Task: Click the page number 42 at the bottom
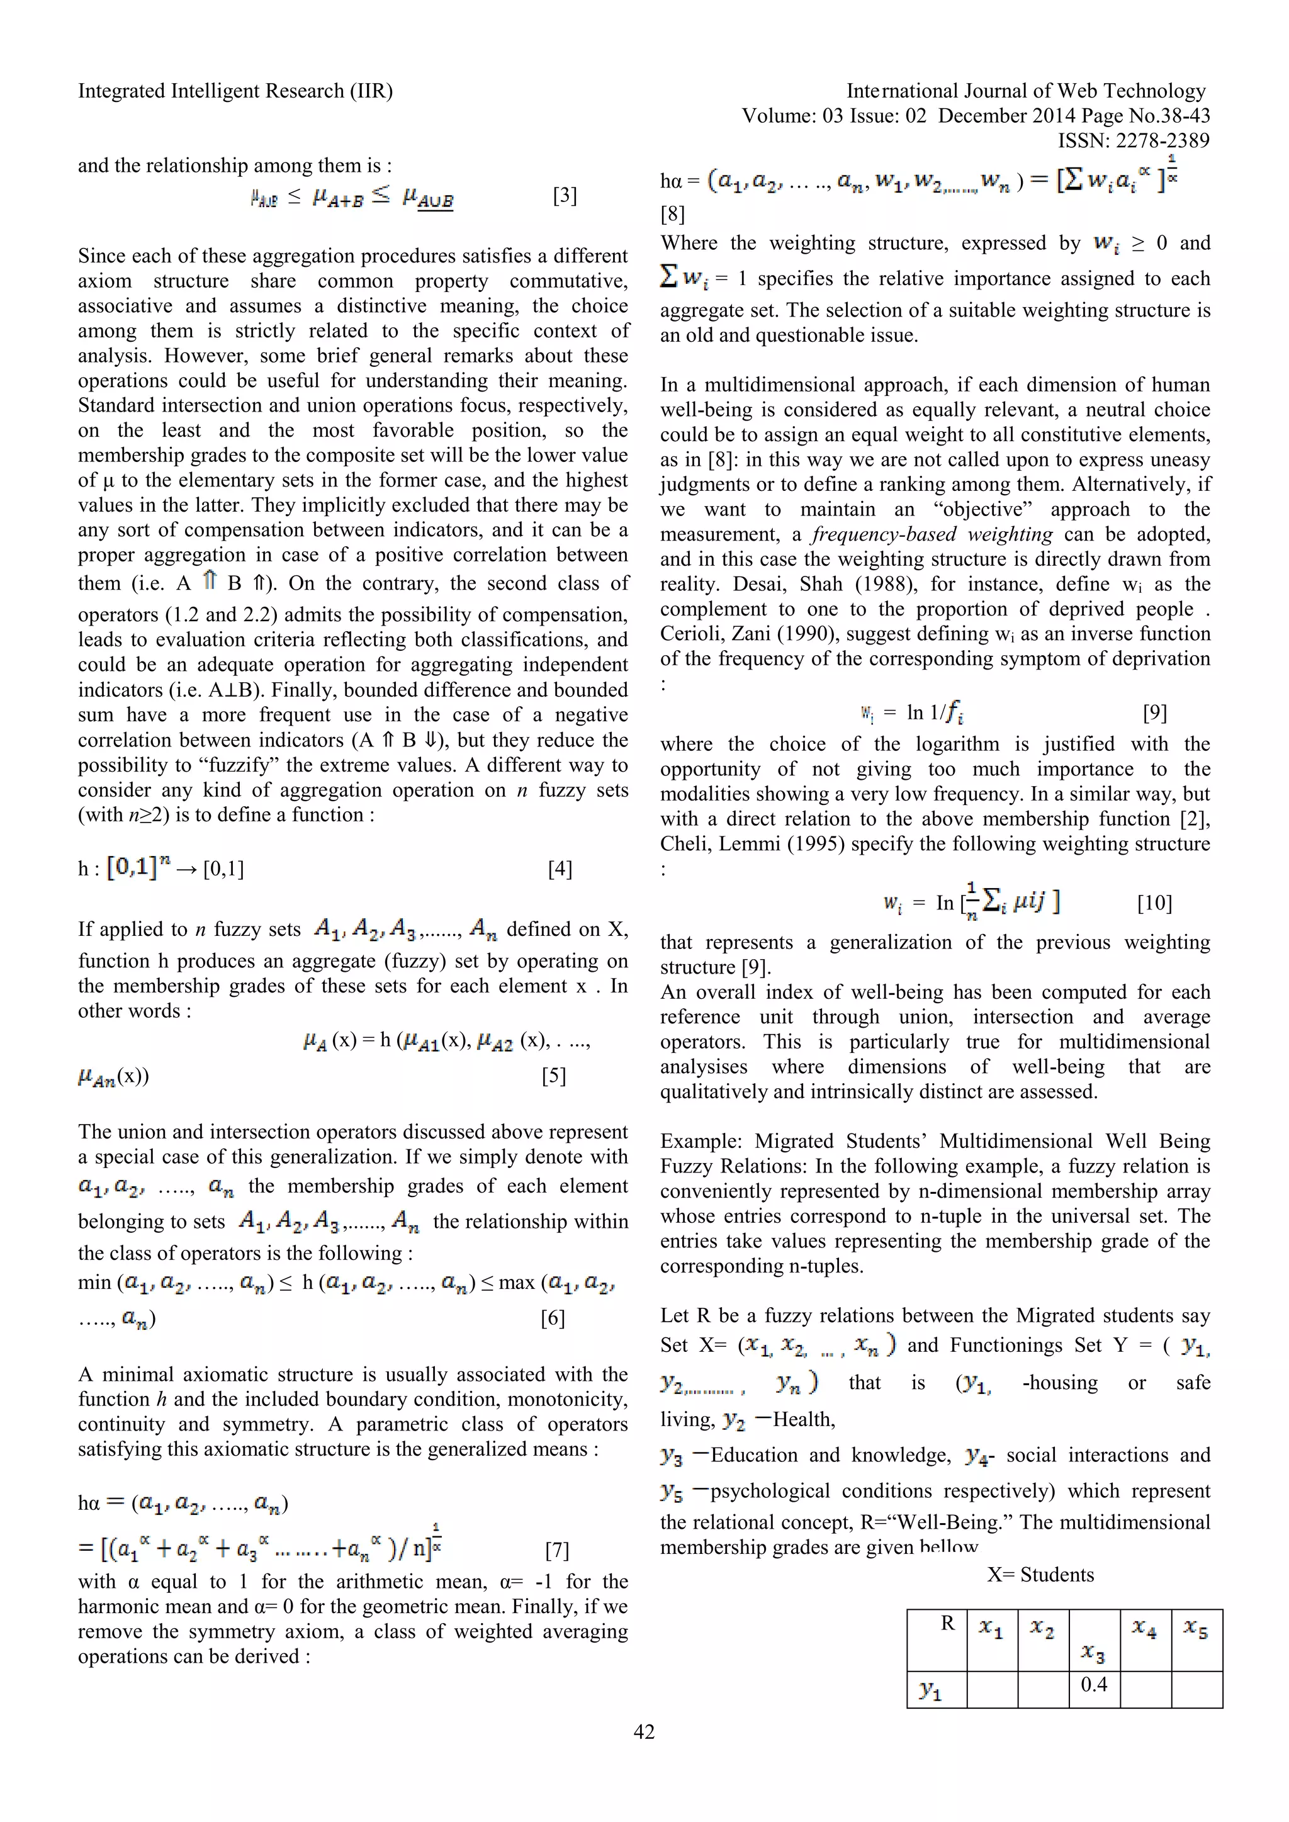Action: click(x=644, y=1731)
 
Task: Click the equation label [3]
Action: click(x=565, y=195)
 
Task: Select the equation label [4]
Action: click(x=560, y=869)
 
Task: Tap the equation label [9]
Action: click(x=1155, y=712)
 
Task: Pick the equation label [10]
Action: click(x=1154, y=903)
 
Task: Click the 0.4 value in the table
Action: click(x=1094, y=1684)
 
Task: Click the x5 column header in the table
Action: click(x=1195, y=1628)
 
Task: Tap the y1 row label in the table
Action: click(x=930, y=1690)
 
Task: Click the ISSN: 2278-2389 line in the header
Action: click(x=1134, y=141)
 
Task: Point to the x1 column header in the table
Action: click(x=991, y=1628)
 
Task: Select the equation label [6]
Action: click(x=553, y=1318)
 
